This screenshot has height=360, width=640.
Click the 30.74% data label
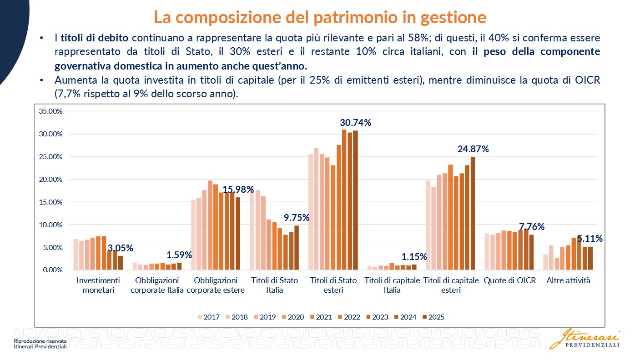[355, 123]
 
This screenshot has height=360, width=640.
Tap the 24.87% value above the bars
[473, 149]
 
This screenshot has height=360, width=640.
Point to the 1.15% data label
[414, 257]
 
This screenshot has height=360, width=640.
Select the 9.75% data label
[297, 218]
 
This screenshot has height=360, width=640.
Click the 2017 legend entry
[209, 317]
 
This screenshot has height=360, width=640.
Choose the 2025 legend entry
[433, 317]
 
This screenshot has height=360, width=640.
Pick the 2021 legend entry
[321, 317]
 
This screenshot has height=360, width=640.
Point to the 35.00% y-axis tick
[50, 111]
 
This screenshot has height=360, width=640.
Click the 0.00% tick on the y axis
[53, 270]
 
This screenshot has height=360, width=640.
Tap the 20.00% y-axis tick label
[50, 179]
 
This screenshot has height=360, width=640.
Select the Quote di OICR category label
[510, 280]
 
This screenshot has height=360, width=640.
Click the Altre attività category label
[568, 280]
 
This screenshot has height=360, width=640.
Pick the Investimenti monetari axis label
[98, 285]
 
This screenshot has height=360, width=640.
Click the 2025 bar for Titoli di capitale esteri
[473, 213]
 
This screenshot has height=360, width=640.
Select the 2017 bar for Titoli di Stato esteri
[311, 212]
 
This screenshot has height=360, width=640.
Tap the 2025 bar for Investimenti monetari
[121, 263]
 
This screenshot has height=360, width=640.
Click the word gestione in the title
[454, 17]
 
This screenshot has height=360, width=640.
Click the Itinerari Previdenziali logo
[585, 340]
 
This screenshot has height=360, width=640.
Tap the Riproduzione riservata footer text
[40, 341]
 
